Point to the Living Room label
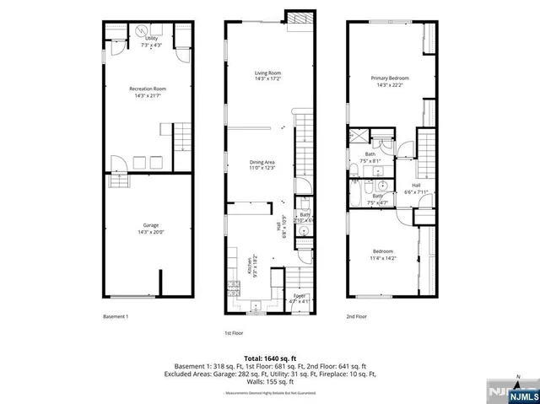coord(267,76)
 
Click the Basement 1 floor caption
coord(116,317)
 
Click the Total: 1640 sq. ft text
coord(269,358)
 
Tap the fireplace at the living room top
coord(299,19)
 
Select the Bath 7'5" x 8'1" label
coord(370,157)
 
